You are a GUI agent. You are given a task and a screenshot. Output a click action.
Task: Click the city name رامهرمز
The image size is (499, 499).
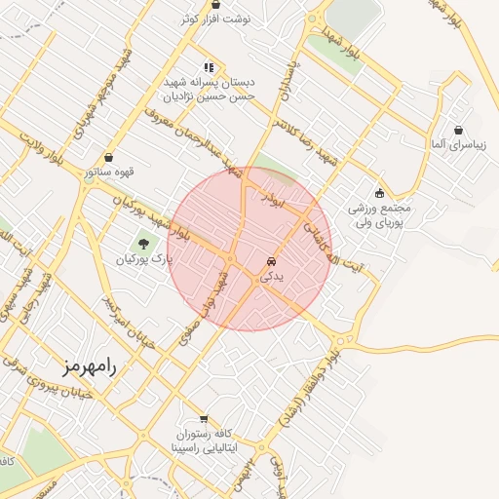click(87, 367)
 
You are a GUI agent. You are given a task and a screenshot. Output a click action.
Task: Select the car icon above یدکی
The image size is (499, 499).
click(270, 262)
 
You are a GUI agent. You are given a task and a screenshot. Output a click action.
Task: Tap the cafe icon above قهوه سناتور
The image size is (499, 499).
click(108, 155)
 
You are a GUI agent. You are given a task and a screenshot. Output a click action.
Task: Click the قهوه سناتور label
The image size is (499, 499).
click(107, 172)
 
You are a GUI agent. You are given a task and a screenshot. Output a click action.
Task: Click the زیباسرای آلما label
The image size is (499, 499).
click(459, 144)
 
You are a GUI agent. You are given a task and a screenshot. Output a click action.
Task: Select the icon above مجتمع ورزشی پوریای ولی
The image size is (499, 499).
click(379, 193)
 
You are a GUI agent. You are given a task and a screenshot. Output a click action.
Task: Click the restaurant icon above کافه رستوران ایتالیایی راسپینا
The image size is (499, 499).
click(204, 418)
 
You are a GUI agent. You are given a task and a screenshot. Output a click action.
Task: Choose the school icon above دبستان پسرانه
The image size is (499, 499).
click(208, 66)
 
